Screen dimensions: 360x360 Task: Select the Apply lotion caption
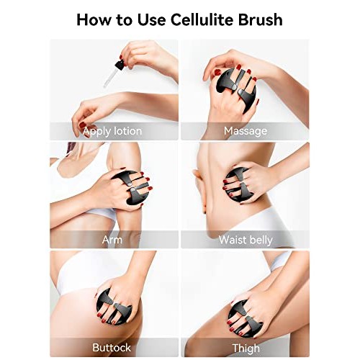[x=112, y=131]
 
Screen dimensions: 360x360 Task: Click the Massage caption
[x=246, y=131]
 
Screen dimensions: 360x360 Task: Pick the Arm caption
[x=112, y=239]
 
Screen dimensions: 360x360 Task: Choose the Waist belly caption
[x=246, y=239]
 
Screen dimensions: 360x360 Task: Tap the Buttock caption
[x=112, y=348]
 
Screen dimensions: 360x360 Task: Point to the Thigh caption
[x=246, y=348]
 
